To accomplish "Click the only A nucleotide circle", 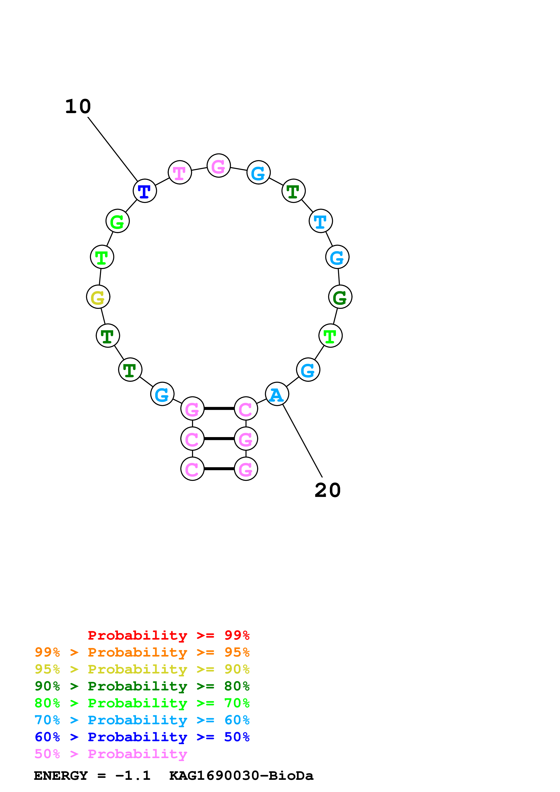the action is pos(277,394).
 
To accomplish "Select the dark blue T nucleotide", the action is pos(145,191).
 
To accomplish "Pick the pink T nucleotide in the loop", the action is pos(180,172).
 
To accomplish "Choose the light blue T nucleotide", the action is pos(321,221).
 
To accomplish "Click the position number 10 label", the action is pos(78,106).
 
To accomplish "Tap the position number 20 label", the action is pos(328,490).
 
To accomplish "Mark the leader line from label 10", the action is pos(113,149).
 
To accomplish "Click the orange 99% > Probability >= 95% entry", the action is pos(142,652).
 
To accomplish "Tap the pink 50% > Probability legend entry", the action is pos(111,754).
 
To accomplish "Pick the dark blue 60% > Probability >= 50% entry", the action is pos(142,737).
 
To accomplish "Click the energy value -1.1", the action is pos(133,776).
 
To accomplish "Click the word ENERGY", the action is pos(61,776).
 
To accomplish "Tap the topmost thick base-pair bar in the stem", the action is pos(219,408).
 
